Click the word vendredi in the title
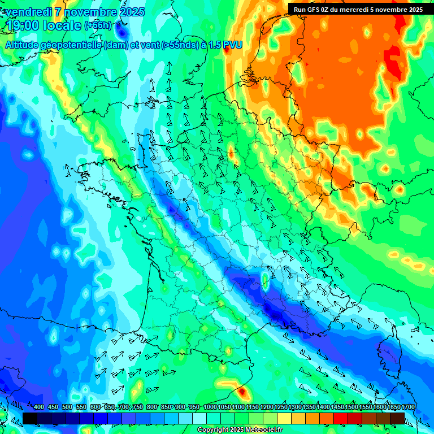coord(31,12)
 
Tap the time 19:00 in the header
coord(23,25)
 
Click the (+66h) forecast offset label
coord(98,26)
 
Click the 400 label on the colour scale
coord(39,407)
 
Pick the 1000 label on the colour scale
coord(210,407)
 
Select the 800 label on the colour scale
coord(152,407)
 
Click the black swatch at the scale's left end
coord(30,418)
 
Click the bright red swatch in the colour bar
coord(341,418)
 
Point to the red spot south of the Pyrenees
coord(242,391)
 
